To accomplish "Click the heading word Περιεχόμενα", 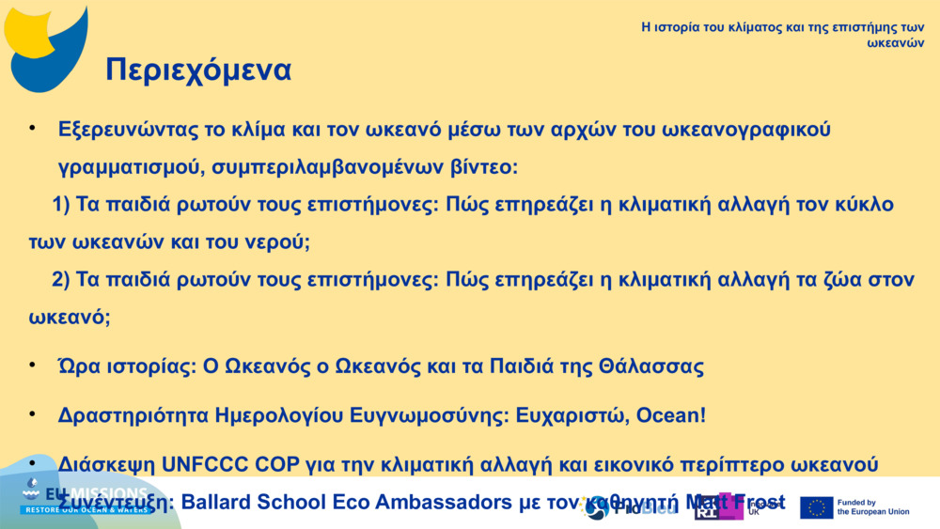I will pyautogui.click(x=198, y=70).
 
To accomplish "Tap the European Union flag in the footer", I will pyautogui.click(x=816, y=508).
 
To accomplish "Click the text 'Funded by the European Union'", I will pyautogui.click(x=873, y=507).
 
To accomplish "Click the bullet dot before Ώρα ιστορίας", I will pyautogui.click(x=32, y=365).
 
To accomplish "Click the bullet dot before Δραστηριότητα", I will pyautogui.click(x=32, y=413).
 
